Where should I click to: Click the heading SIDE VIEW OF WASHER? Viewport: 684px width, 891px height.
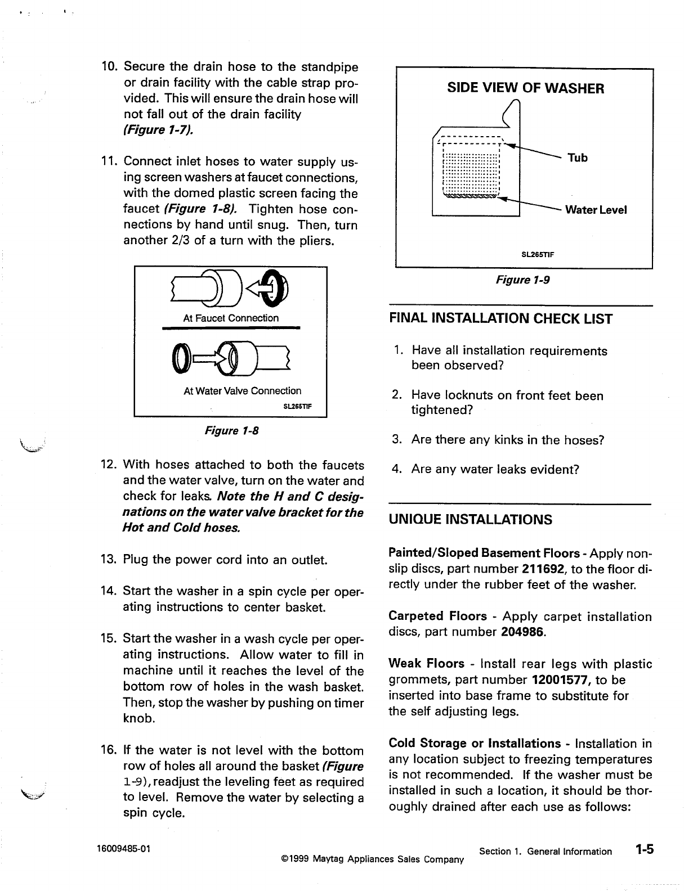click(x=525, y=88)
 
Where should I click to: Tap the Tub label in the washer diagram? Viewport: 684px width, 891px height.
click(x=578, y=157)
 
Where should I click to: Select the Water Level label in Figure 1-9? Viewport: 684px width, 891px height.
click(x=596, y=210)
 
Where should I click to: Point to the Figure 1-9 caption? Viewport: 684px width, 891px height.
click(x=522, y=280)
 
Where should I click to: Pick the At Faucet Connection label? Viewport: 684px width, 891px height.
click(x=231, y=318)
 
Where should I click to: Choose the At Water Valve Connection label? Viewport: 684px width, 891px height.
click(x=242, y=390)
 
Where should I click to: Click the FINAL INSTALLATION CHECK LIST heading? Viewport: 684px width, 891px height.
click(x=500, y=319)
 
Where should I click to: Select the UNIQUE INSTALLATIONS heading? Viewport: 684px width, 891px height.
click(x=470, y=519)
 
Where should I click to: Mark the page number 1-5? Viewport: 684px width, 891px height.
click(x=641, y=849)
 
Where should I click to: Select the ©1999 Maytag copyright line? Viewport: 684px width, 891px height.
click(x=372, y=859)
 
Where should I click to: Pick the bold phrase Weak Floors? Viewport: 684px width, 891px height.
click(x=426, y=664)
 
